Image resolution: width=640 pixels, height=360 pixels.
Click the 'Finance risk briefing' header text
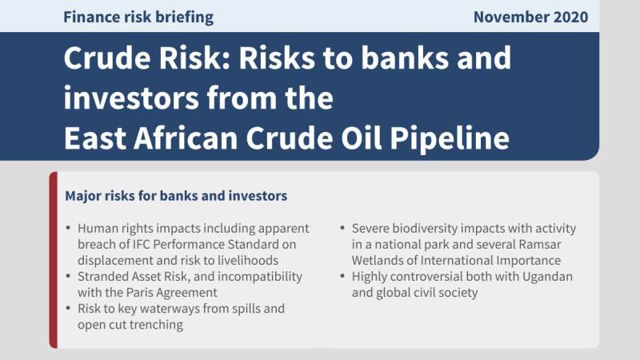[x=138, y=18]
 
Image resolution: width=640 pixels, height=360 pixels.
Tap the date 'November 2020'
[x=530, y=17]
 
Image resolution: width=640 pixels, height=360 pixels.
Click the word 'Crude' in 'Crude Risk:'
[x=107, y=58]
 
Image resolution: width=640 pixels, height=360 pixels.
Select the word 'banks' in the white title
[x=405, y=58]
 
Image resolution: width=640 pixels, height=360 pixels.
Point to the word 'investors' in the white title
[x=131, y=98]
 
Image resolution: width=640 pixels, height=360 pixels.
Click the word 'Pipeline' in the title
[x=450, y=138]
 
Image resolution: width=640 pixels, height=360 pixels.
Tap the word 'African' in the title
[x=186, y=138]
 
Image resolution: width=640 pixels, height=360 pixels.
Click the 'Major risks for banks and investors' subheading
[x=176, y=196]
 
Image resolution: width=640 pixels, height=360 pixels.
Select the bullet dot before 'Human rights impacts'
[x=68, y=228]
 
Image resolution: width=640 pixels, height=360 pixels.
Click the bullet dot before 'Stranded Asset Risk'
[x=68, y=276]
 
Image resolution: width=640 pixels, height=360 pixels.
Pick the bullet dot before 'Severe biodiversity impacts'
[x=342, y=228]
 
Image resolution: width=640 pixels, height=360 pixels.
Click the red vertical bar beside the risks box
[x=53, y=260]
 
